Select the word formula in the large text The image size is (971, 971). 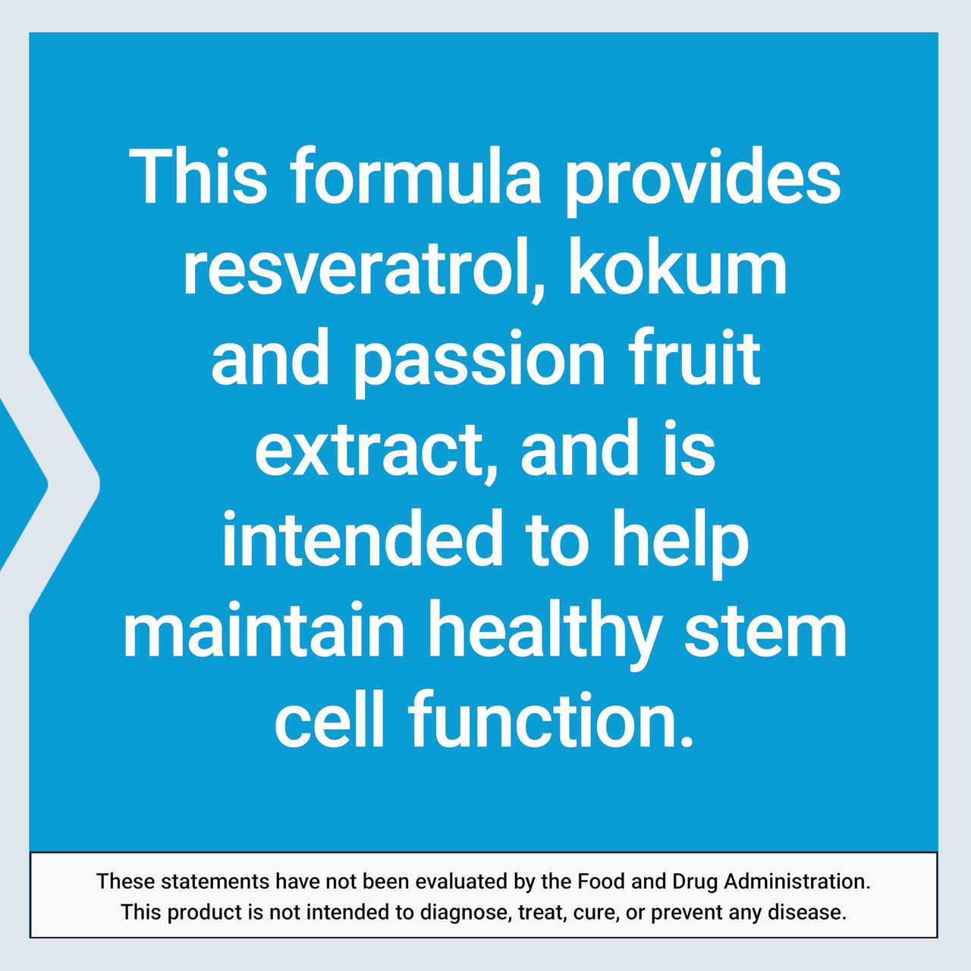click(416, 178)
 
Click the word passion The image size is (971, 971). click(479, 362)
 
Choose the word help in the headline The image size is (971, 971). click(680, 542)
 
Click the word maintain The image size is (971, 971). click(264, 631)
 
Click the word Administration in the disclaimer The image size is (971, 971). click(797, 881)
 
